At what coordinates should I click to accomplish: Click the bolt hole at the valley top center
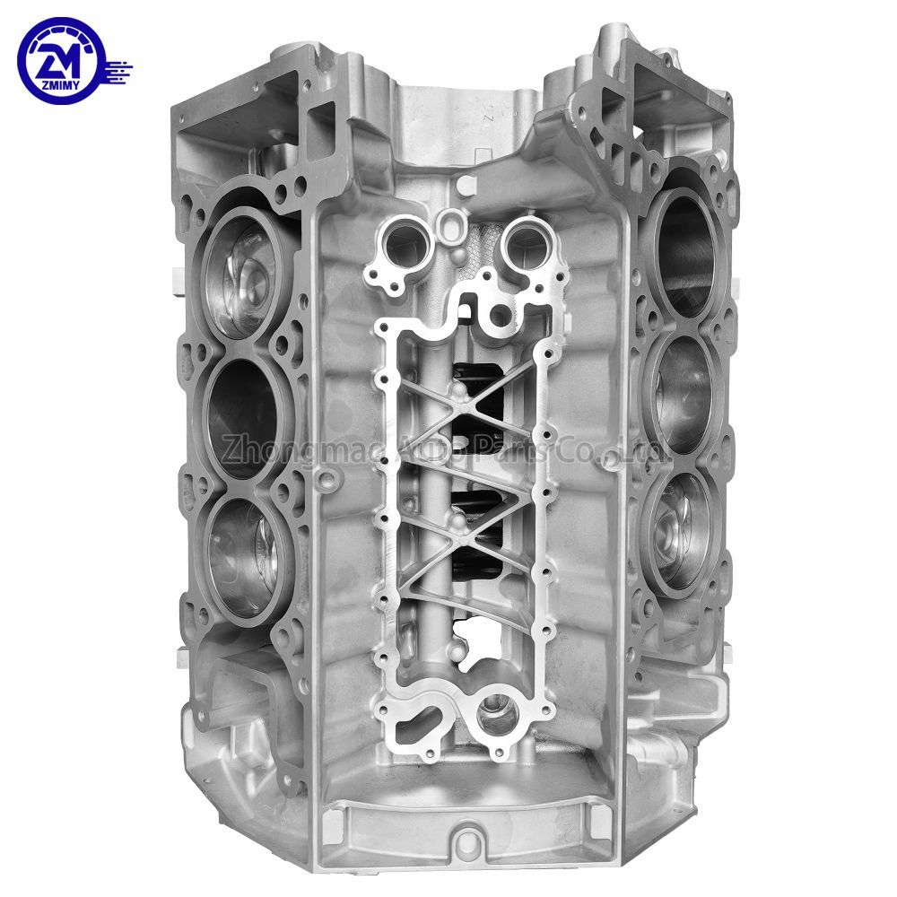click(x=463, y=186)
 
